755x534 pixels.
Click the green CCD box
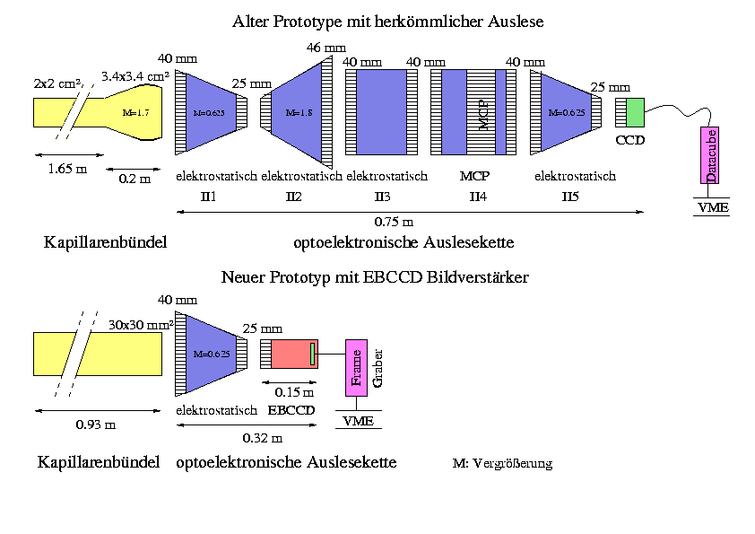coord(635,113)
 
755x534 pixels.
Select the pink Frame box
coord(357,369)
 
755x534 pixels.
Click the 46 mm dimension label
coord(325,48)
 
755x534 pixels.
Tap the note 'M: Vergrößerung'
coord(503,464)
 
